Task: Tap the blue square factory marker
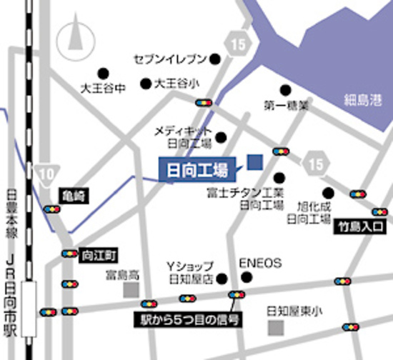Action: (255, 162)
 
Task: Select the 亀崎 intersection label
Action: (71, 194)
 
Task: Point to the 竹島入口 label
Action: (361, 227)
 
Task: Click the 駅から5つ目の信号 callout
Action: (189, 318)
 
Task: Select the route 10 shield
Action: (47, 174)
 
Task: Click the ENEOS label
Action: (255, 262)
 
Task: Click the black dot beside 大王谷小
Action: (146, 83)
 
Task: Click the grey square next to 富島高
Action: (130, 289)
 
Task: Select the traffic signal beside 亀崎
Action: (51, 209)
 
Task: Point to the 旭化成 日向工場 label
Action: (307, 210)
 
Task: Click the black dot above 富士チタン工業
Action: (279, 177)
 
